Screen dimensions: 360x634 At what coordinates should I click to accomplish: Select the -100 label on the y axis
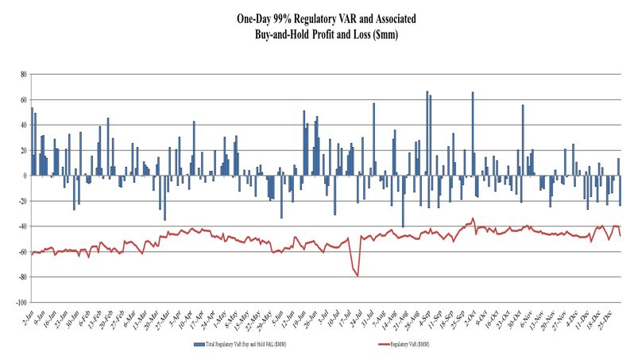click(21, 303)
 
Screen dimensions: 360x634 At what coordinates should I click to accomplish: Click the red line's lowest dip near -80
click(358, 276)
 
